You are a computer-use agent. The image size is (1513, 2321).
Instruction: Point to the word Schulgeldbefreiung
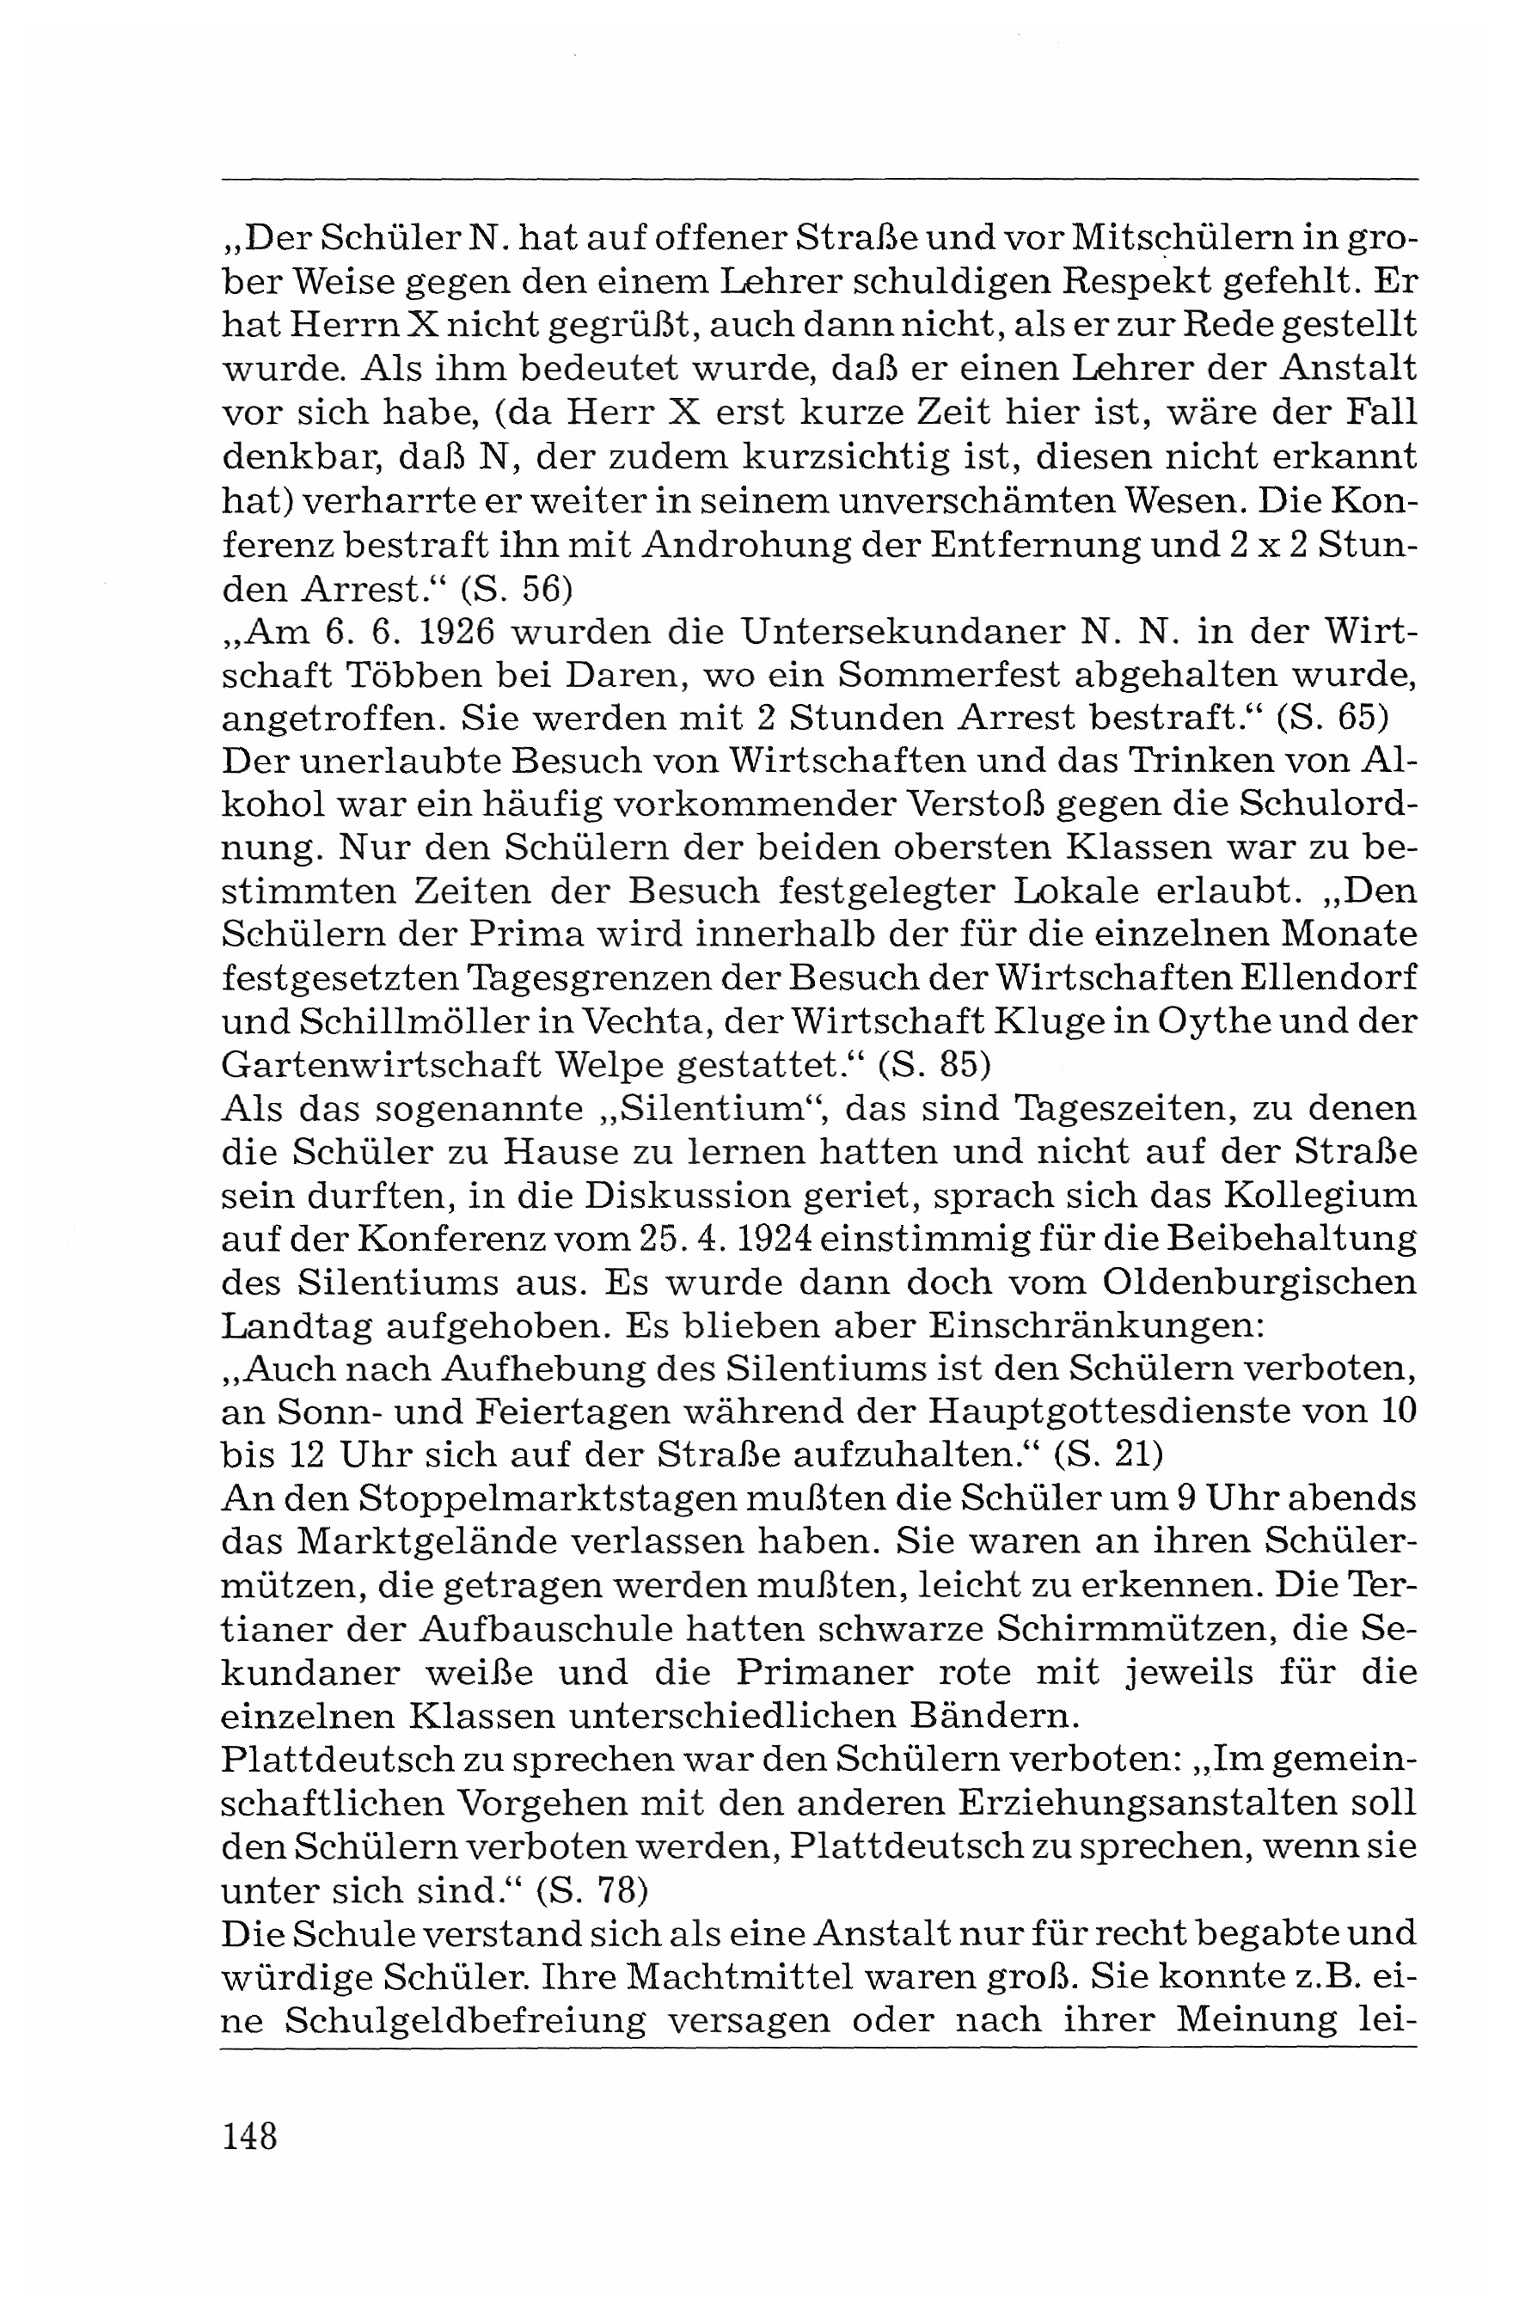465,2018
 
